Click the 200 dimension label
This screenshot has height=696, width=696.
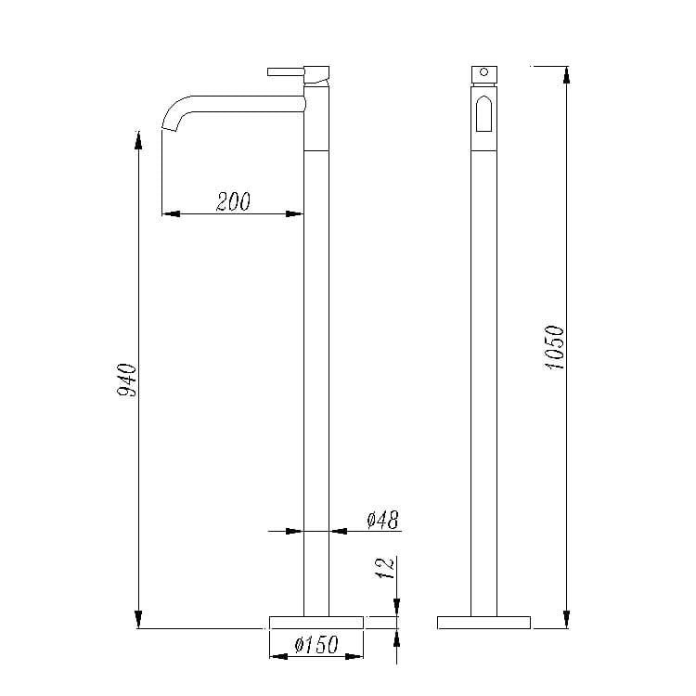click(x=234, y=201)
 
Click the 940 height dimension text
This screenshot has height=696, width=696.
click(x=127, y=380)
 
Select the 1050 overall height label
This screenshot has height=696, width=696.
click(x=555, y=348)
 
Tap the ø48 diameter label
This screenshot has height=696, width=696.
click(x=383, y=520)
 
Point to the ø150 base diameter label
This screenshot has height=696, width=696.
click(x=316, y=644)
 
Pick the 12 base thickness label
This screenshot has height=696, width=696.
click(x=385, y=568)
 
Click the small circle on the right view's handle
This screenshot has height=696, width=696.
click(x=483, y=71)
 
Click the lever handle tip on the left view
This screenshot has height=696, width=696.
click(x=269, y=71)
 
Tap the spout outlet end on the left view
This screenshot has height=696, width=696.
click(x=169, y=129)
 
